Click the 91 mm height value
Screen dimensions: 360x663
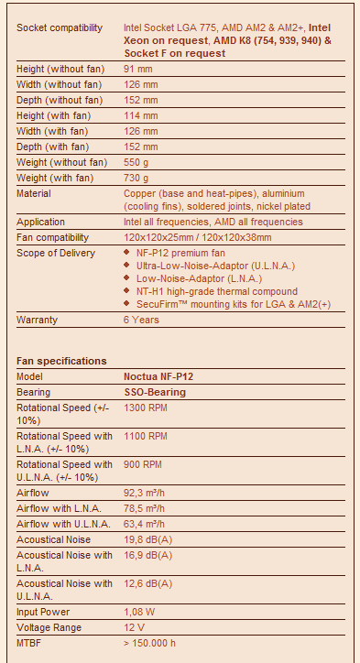coord(137,70)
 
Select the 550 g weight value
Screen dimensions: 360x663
coord(137,162)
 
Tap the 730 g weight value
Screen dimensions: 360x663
coord(137,178)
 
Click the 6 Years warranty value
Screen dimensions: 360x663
coord(141,320)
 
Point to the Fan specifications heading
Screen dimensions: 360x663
coord(61,361)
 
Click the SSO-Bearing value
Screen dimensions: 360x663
coord(155,392)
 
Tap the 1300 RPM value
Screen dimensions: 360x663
coord(146,408)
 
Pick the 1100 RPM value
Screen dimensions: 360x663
coord(146,437)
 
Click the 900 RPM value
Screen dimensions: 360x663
coord(143,464)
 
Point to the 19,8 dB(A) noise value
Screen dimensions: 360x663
coord(147,539)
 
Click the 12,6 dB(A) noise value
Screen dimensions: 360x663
coord(147,583)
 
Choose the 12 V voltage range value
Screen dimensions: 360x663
coord(134,627)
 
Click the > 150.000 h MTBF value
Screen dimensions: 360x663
coord(150,643)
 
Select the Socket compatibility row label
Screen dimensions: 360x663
coord(60,28)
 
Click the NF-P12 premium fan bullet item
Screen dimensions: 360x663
coord(175,253)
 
